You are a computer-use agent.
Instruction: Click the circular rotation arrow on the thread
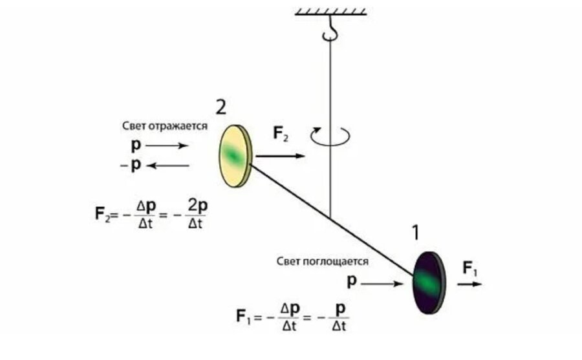coord(330,136)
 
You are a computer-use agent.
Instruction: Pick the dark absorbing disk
coord(427,282)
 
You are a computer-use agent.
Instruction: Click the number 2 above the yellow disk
coord(221,107)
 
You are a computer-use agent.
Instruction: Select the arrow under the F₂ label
coord(279,156)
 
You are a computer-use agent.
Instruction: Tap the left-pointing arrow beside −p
coord(167,165)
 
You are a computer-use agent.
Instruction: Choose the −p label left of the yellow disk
coord(132,165)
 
